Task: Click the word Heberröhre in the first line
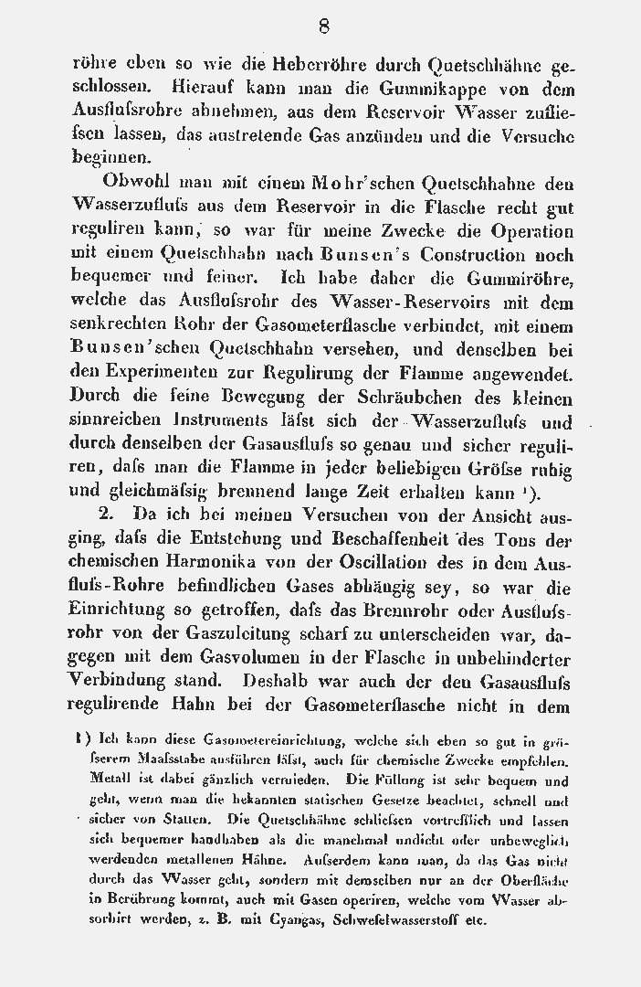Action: coord(318,66)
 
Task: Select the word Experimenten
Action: coord(153,375)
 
